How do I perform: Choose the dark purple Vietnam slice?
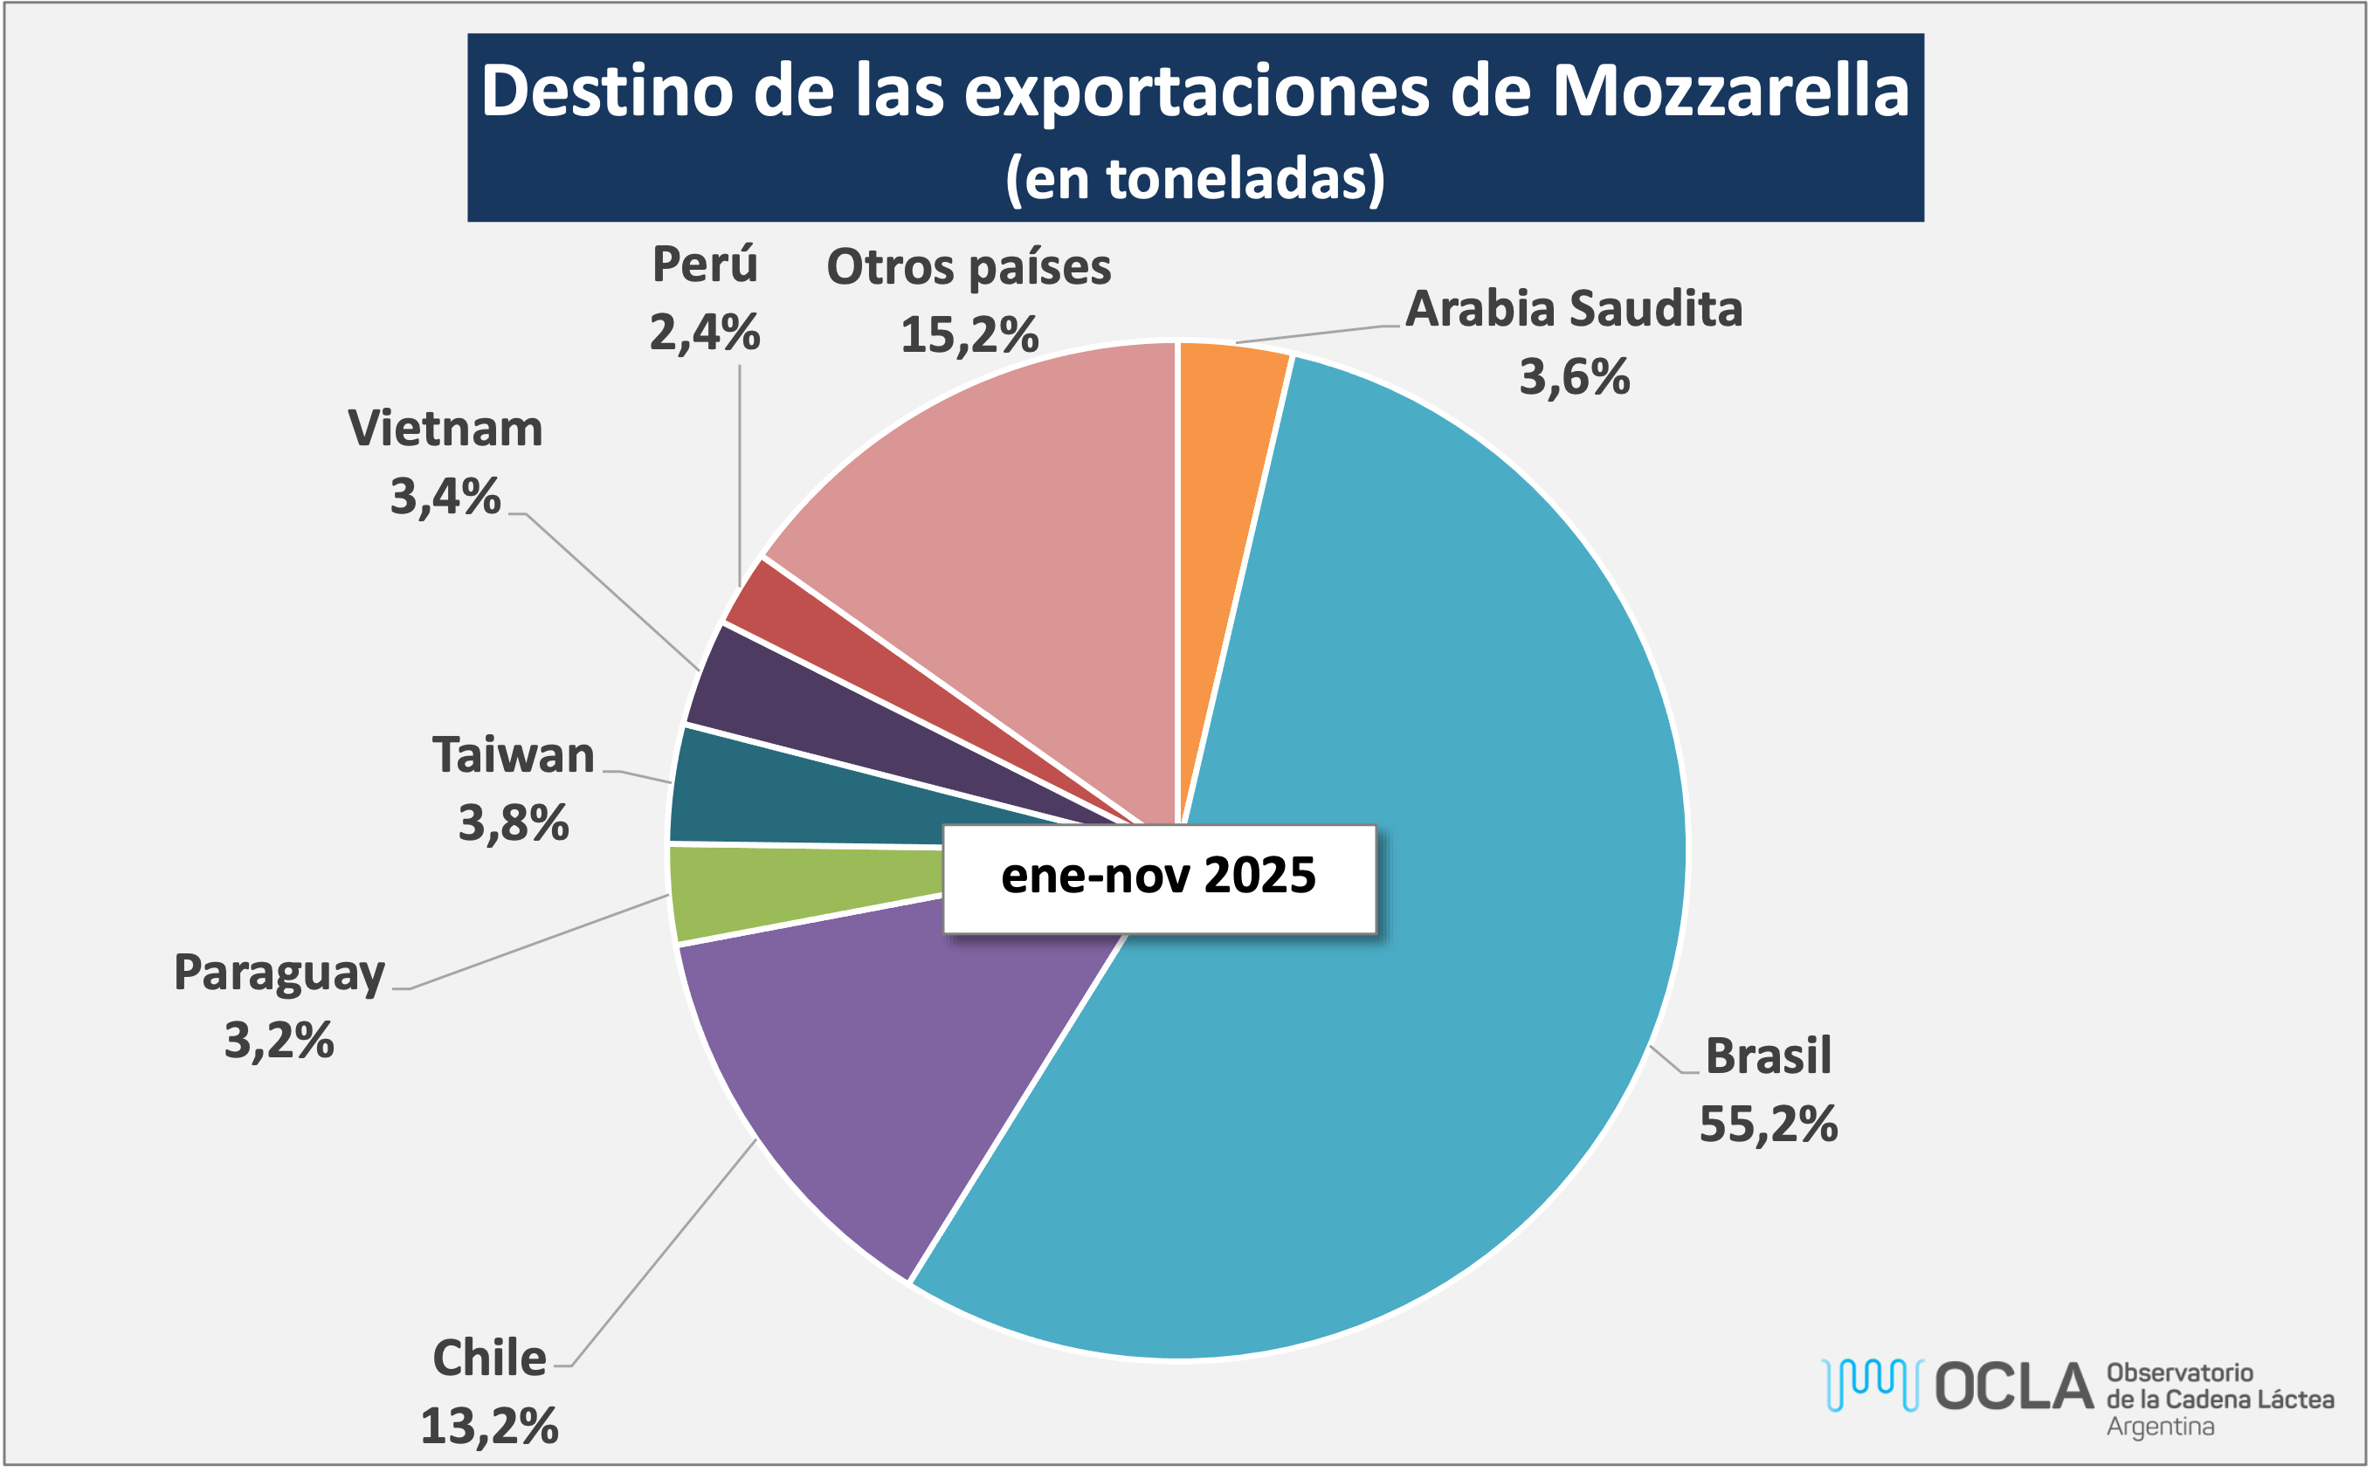tap(769, 701)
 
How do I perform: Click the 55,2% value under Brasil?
tap(1768, 1125)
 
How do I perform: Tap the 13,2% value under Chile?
tap(489, 1427)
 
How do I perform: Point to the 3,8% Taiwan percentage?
tap(514, 822)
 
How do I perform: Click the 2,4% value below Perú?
tap(704, 333)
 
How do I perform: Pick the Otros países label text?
tap(968, 267)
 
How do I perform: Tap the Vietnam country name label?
tap(445, 429)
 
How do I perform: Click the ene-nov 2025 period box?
tap(1159, 877)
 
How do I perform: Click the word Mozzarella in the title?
tap(1729, 91)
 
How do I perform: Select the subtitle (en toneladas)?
tap(1195, 178)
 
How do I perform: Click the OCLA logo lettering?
tap(2012, 1386)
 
